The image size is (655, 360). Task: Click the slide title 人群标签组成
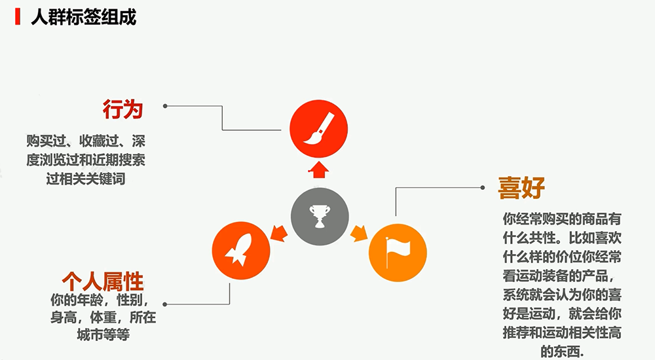(x=84, y=18)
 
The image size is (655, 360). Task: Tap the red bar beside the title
(x=18, y=17)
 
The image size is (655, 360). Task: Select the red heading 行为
(x=123, y=109)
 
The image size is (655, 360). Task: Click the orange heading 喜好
(x=521, y=188)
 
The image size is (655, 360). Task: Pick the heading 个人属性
(x=103, y=281)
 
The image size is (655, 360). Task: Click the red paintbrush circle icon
(x=319, y=129)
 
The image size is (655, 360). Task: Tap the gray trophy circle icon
(x=320, y=217)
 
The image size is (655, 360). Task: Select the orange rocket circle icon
(x=241, y=251)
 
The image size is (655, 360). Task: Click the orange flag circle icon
(x=398, y=253)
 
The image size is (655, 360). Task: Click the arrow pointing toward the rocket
(x=279, y=233)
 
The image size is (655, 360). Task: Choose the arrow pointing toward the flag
(x=359, y=233)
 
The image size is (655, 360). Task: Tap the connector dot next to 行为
(x=165, y=106)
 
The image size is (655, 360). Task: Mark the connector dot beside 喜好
(x=483, y=187)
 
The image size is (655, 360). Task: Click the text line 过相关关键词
(x=86, y=179)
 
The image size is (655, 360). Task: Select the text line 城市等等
(x=103, y=334)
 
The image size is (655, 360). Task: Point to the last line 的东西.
(x=562, y=351)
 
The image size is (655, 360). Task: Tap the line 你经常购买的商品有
(x=562, y=219)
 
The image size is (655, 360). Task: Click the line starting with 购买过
(x=86, y=141)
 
